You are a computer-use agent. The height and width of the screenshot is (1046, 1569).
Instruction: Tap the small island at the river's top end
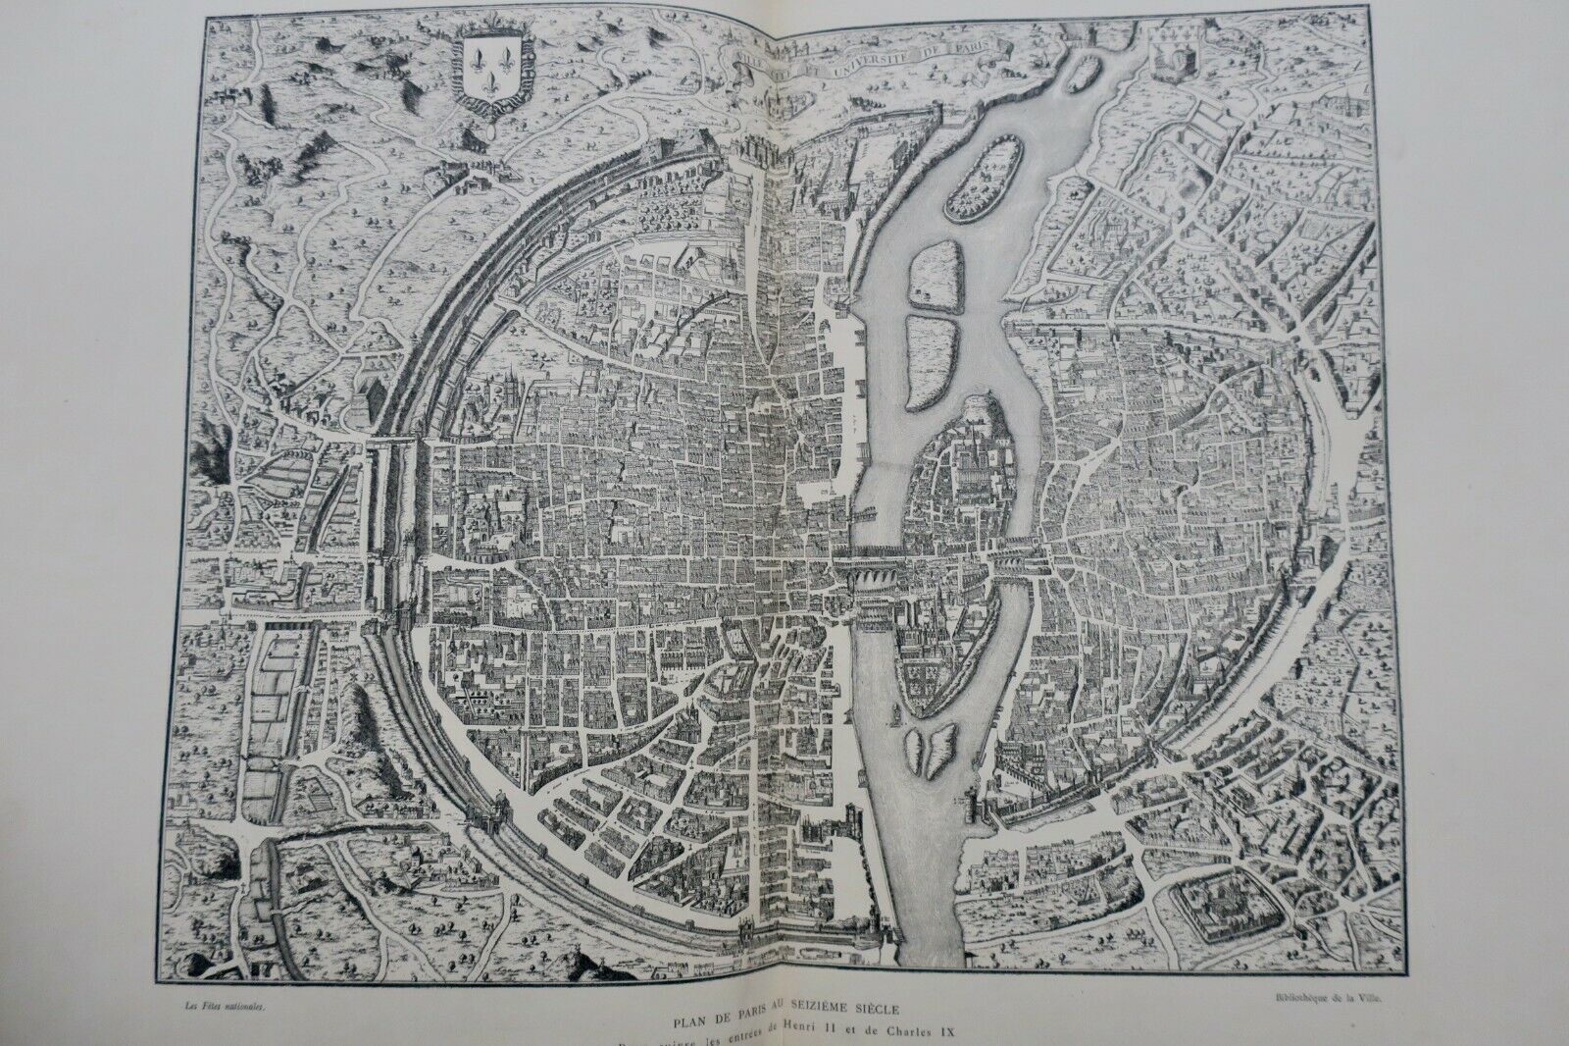[1082, 71]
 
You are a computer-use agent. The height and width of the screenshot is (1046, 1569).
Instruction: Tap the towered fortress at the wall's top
[752, 157]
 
